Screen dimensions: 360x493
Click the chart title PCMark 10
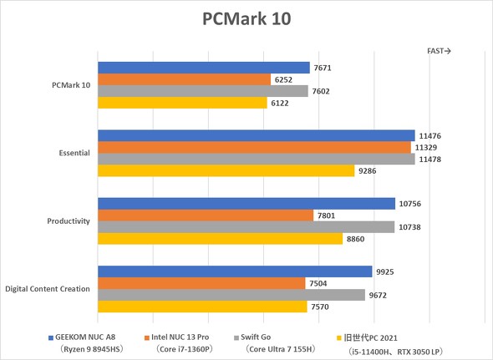tap(246, 18)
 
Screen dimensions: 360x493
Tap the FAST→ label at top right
tap(439, 51)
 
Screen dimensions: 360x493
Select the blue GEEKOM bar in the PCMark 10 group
tap(203, 68)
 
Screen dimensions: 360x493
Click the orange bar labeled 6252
tap(184, 79)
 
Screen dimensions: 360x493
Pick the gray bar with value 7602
tap(202, 91)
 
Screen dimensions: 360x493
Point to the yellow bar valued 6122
tap(182, 103)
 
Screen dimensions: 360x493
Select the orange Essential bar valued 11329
tap(254, 148)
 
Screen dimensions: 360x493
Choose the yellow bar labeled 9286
tap(226, 171)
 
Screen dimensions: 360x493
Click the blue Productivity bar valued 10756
tap(246, 204)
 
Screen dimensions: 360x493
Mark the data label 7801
tap(328, 215)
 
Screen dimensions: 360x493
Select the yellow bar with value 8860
tap(220, 239)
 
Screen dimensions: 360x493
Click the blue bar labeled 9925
tap(235, 271)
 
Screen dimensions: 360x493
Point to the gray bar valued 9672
tap(231, 295)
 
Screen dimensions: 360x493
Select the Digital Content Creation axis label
tap(48, 289)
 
